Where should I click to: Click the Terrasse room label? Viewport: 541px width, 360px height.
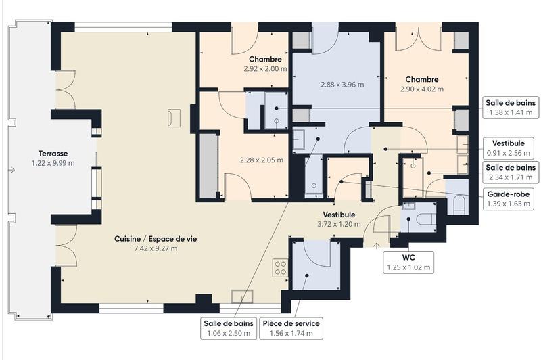(x=53, y=154)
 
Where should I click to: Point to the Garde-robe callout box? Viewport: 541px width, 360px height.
(x=510, y=198)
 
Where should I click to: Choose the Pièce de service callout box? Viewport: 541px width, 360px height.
(x=291, y=328)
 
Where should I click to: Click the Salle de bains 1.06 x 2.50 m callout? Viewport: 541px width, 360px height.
(x=227, y=328)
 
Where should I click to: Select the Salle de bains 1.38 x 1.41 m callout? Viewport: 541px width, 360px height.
(x=510, y=108)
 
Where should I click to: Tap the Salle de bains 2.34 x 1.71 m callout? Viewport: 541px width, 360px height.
(x=510, y=172)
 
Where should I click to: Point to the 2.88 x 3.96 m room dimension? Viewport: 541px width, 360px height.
(x=342, y=85)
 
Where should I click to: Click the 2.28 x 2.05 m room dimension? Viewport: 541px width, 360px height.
(x=262, y=160)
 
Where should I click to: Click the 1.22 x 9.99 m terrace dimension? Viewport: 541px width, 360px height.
(x=53, y=163)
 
